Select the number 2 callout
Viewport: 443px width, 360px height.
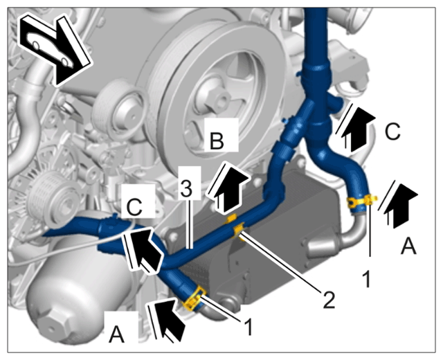tap(329, 299)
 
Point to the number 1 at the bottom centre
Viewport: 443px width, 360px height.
tap(248, 326)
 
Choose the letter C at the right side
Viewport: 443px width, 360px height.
tap(392, 131)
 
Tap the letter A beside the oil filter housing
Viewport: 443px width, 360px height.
tap(117, 334)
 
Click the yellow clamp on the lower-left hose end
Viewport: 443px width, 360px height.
tap(195, 300)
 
